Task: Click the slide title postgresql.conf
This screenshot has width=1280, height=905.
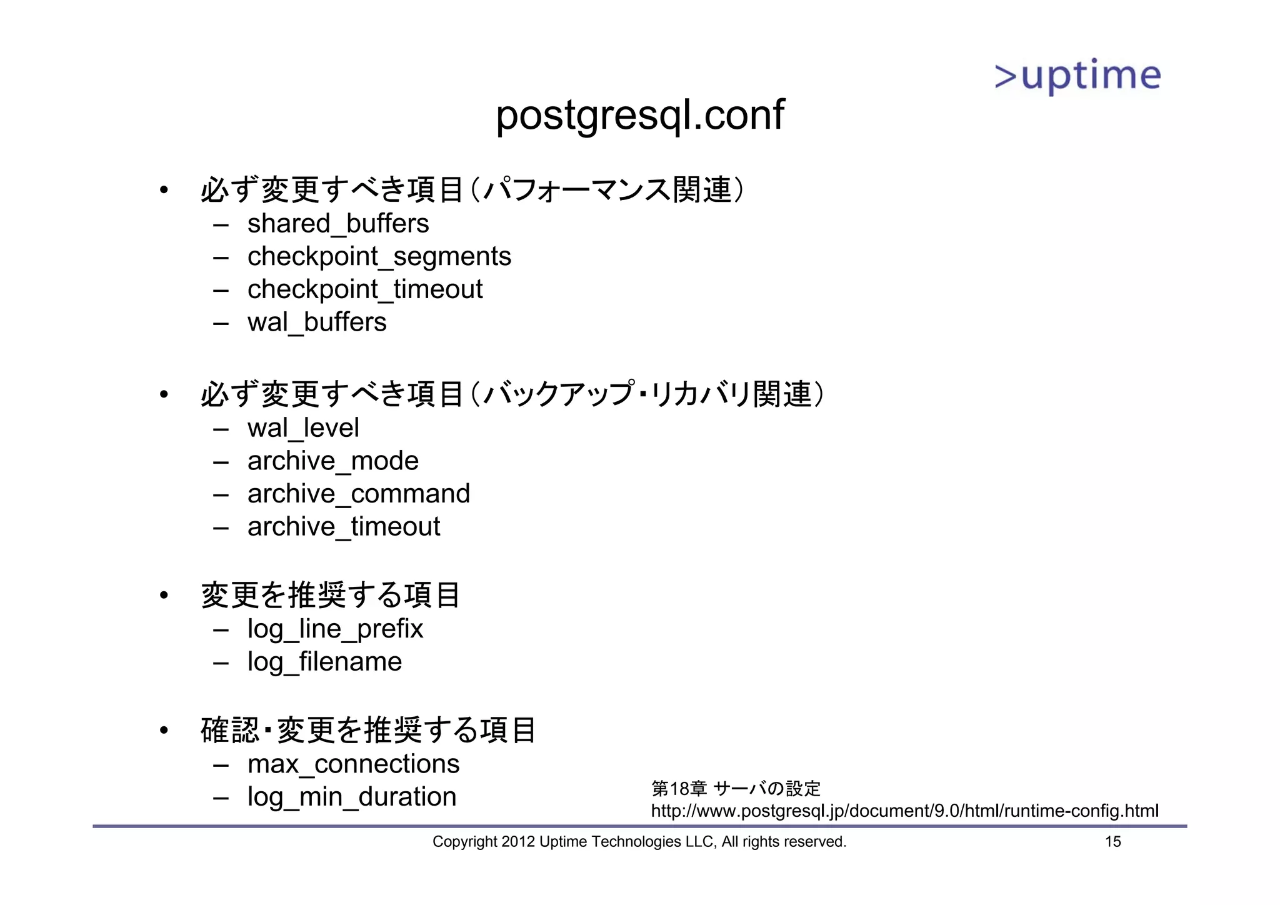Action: (639, 116)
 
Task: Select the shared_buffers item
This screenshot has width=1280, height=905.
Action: (338, 224)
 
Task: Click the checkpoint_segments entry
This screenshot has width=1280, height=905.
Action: (379, 257)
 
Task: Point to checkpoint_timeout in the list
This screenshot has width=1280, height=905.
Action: (365, 289)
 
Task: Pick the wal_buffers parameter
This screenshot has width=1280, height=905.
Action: (317, 322)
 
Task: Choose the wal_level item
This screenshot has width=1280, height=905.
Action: (303, 428)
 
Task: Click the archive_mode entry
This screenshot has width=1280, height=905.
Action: (332, 461)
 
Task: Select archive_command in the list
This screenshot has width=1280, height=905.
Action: (358, 494)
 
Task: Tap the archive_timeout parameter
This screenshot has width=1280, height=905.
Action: (344, 527)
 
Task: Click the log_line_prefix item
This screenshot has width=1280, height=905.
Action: (335, 629)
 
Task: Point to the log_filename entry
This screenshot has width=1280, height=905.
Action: (324, 662)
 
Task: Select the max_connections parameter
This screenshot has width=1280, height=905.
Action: (353, 764)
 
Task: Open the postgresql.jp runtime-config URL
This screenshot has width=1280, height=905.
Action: (904, 811)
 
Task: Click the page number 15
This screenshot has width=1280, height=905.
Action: (1112, 842)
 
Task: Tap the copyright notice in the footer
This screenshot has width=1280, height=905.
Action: (639, 842)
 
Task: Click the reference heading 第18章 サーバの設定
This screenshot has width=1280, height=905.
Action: (736, 789)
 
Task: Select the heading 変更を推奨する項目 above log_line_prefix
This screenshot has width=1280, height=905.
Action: (330, 594)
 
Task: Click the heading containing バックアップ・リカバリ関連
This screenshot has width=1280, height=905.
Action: (512, 394)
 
